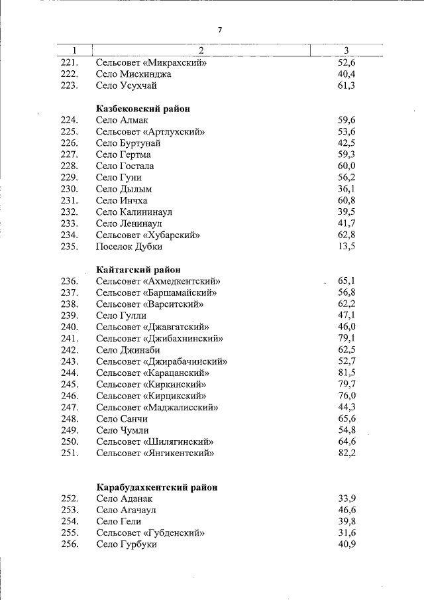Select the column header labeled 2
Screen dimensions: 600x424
[x=201, y=51]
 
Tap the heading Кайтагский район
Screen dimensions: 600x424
[x=138, y=269]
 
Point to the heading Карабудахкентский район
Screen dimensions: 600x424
[x=156, y=487]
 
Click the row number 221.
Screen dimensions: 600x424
[x=70, y=63]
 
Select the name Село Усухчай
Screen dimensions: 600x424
[x=126, y=86]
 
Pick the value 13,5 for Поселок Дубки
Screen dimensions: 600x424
[x=346, y=247]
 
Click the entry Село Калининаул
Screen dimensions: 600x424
[x=134, y=212]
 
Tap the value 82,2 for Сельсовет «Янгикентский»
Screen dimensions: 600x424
[x=346, y=453]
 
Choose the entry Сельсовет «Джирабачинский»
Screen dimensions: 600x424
[x=162, y=361]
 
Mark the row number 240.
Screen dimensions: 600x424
[x=70, y=327]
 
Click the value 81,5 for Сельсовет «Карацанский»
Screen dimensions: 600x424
[x=346, y=373]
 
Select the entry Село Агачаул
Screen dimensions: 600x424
[x=126, y=510]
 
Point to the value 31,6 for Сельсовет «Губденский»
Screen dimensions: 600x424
[x=346, y=532]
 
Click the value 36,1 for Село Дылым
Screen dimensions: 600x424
[x=346, y=189]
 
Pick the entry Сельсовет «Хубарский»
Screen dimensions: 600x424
[x=148, y=235]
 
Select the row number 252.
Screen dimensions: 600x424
[x=70, y=499]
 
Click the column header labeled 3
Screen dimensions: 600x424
[x=346, y=51]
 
